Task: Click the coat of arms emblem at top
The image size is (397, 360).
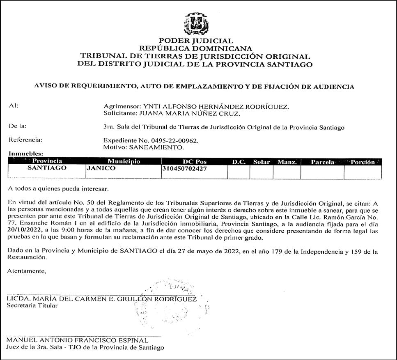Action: tap(196, 24)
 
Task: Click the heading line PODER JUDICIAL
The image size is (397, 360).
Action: tap(196, 41)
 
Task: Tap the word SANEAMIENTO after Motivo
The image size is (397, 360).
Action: tap(156, 147)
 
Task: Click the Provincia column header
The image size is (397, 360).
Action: tap(47, 162)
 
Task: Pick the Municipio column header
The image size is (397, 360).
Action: tap(124, 162)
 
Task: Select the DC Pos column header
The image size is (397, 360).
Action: tap(194, 162)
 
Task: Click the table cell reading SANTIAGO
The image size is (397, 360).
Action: tap(47, 168)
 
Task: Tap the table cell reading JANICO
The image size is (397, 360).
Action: tap(101, 168)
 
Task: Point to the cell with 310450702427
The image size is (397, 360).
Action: tap(185, 168)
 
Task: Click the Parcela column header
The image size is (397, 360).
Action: tap(322, 162)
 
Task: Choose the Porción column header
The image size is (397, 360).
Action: tap(363, 162)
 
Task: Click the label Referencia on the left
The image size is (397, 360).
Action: tap(25, 140)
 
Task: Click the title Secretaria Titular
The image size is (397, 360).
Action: tap(32, 306)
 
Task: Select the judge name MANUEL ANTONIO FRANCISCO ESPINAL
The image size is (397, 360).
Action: tap(78, 340)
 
